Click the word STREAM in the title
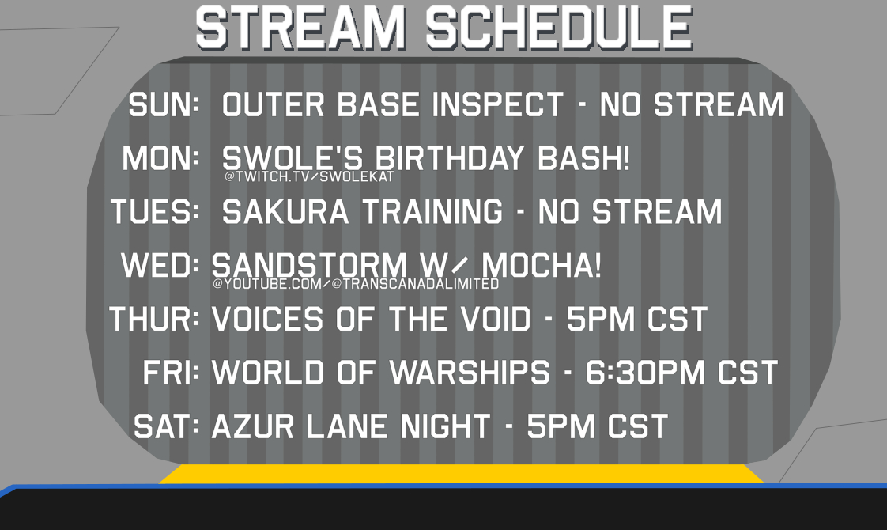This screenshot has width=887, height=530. click(x=300, y=28)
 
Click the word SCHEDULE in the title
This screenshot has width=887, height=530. click(x=559, y=28)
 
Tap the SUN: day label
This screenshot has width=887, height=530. click(x=164, y=104)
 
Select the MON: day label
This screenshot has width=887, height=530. click(x=160, y=158)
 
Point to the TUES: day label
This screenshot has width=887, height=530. click(x=154, y=212)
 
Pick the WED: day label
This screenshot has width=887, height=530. click(x=160, y=265)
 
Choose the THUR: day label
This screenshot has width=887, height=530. click(x=153, y=319)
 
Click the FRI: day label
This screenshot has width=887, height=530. click(x=170, y=373)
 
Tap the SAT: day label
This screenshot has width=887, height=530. click(x=166, y=426)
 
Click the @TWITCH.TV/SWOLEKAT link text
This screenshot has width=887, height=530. click(x=309, y=176)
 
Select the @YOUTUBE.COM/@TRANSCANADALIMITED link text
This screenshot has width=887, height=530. click(x=356, y=284)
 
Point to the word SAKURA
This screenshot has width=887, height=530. click(x=285, y=212)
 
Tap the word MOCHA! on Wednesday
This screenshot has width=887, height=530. click(x=542, y=265)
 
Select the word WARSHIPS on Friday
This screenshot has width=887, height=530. click(x=470, y=373)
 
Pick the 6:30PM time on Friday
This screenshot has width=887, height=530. click(x=644, y=373)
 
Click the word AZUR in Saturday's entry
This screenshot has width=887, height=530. click(x=253, y=426)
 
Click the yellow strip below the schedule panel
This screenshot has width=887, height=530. click(x=461, y=474)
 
